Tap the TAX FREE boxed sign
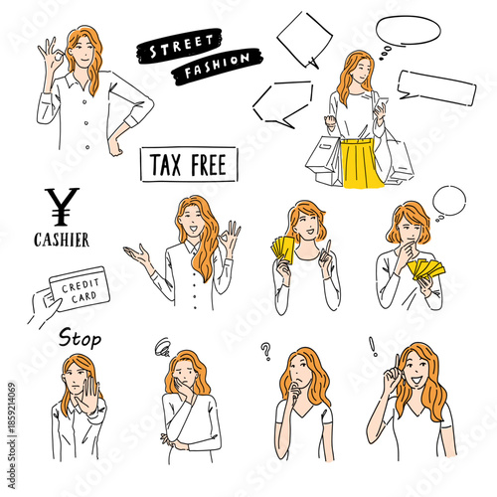(188, 163)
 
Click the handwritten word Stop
(80, 339)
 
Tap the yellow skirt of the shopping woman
(362, 163)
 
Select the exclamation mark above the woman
(373, 347)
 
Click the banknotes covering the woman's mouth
(426, 268)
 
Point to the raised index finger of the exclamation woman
(394, 363)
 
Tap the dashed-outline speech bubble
(282, 101)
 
